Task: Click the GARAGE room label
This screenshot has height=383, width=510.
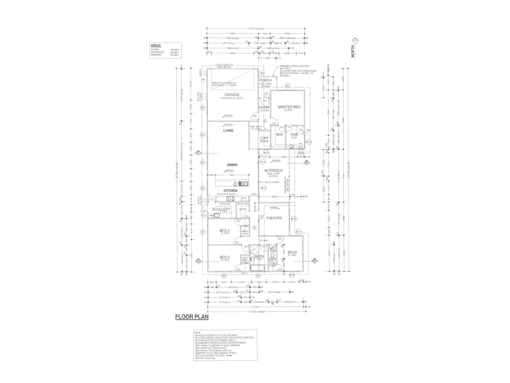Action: (x=232, y=95)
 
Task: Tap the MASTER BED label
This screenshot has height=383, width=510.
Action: (x=289, y=107)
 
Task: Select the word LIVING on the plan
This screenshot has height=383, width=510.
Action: (x=228, y=131)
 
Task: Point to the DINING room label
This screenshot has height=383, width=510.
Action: (x=232, y=165)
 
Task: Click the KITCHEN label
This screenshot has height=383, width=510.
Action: (x=230, y=191)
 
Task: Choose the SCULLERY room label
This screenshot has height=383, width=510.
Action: (x=221, y=209)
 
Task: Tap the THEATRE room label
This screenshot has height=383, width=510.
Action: (x=274, y=218)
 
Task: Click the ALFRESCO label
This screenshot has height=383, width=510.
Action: (x=273, y=171)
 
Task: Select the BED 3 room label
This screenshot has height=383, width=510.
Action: (x=224, y=257)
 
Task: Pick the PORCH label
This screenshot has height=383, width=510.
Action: (x=265, y=80)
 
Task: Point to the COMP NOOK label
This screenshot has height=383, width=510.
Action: (x=264, y=139)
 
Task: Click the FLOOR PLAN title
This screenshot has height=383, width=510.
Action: (x=192, y=317)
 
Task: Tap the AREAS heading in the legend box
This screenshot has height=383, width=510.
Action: (x=157, y=46)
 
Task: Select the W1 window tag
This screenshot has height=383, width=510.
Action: (x=287, y=86)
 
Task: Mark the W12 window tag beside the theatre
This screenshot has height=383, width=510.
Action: (x=294, y=219)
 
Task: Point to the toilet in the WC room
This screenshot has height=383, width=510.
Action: (x=273, y=255)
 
